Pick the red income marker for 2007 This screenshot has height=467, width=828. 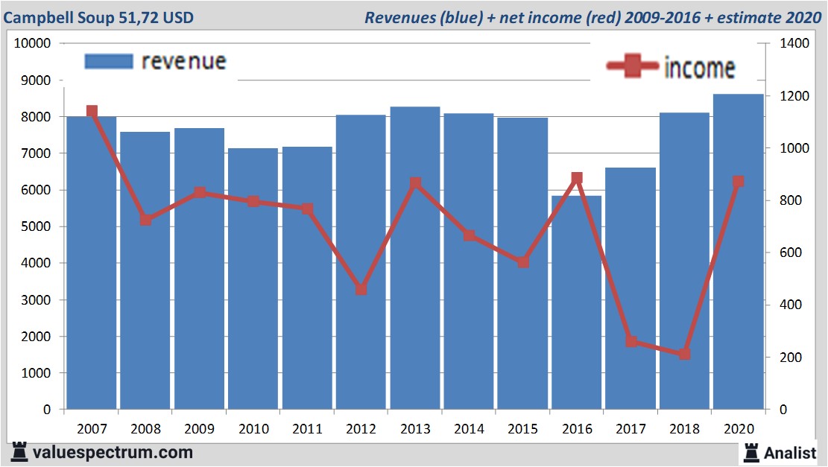coord(92,112)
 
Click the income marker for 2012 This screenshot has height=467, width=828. coord(361,289)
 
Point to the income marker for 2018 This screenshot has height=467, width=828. coord(685,354)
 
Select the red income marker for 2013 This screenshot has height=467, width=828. coord(415,183)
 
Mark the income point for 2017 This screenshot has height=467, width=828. coord(631,341)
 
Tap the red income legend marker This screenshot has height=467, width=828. coord(633,67)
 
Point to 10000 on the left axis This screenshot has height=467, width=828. coord(33,44)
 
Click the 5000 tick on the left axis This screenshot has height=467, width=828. coord(36,226)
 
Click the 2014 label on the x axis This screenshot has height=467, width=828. coord(470,429)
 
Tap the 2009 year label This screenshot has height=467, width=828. coord(200,429)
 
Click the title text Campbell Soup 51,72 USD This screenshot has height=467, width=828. coord(99,17)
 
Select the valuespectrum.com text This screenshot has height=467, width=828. coord(113,452)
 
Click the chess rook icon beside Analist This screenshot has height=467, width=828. coord(750,452)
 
